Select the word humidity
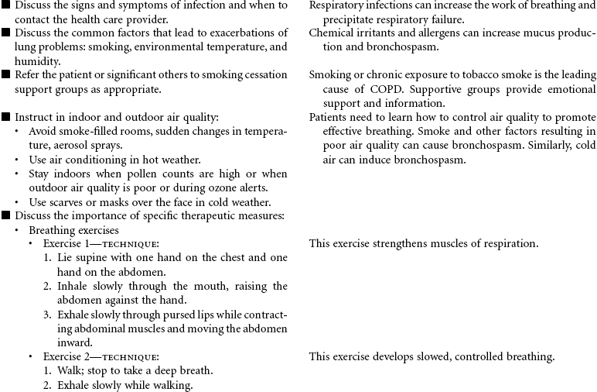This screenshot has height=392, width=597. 36,61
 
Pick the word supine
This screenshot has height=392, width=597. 90,258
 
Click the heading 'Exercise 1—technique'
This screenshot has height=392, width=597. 101,244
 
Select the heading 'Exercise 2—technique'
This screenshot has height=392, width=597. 101,357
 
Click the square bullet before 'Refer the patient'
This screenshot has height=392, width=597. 6,75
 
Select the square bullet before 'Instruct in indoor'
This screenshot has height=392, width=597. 6,118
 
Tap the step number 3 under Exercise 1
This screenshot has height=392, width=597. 48,315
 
